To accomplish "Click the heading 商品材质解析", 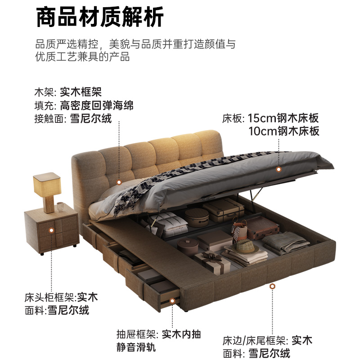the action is point(99,18).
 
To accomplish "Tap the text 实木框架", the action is point(81,93).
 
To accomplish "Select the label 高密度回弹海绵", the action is point(97,106).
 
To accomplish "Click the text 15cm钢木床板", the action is point(283,119).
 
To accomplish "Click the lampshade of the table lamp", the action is point(46,184).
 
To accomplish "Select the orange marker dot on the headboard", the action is point(119,182).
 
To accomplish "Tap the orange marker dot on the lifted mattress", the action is point(279,170).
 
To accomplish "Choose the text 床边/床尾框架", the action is point(255,340).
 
